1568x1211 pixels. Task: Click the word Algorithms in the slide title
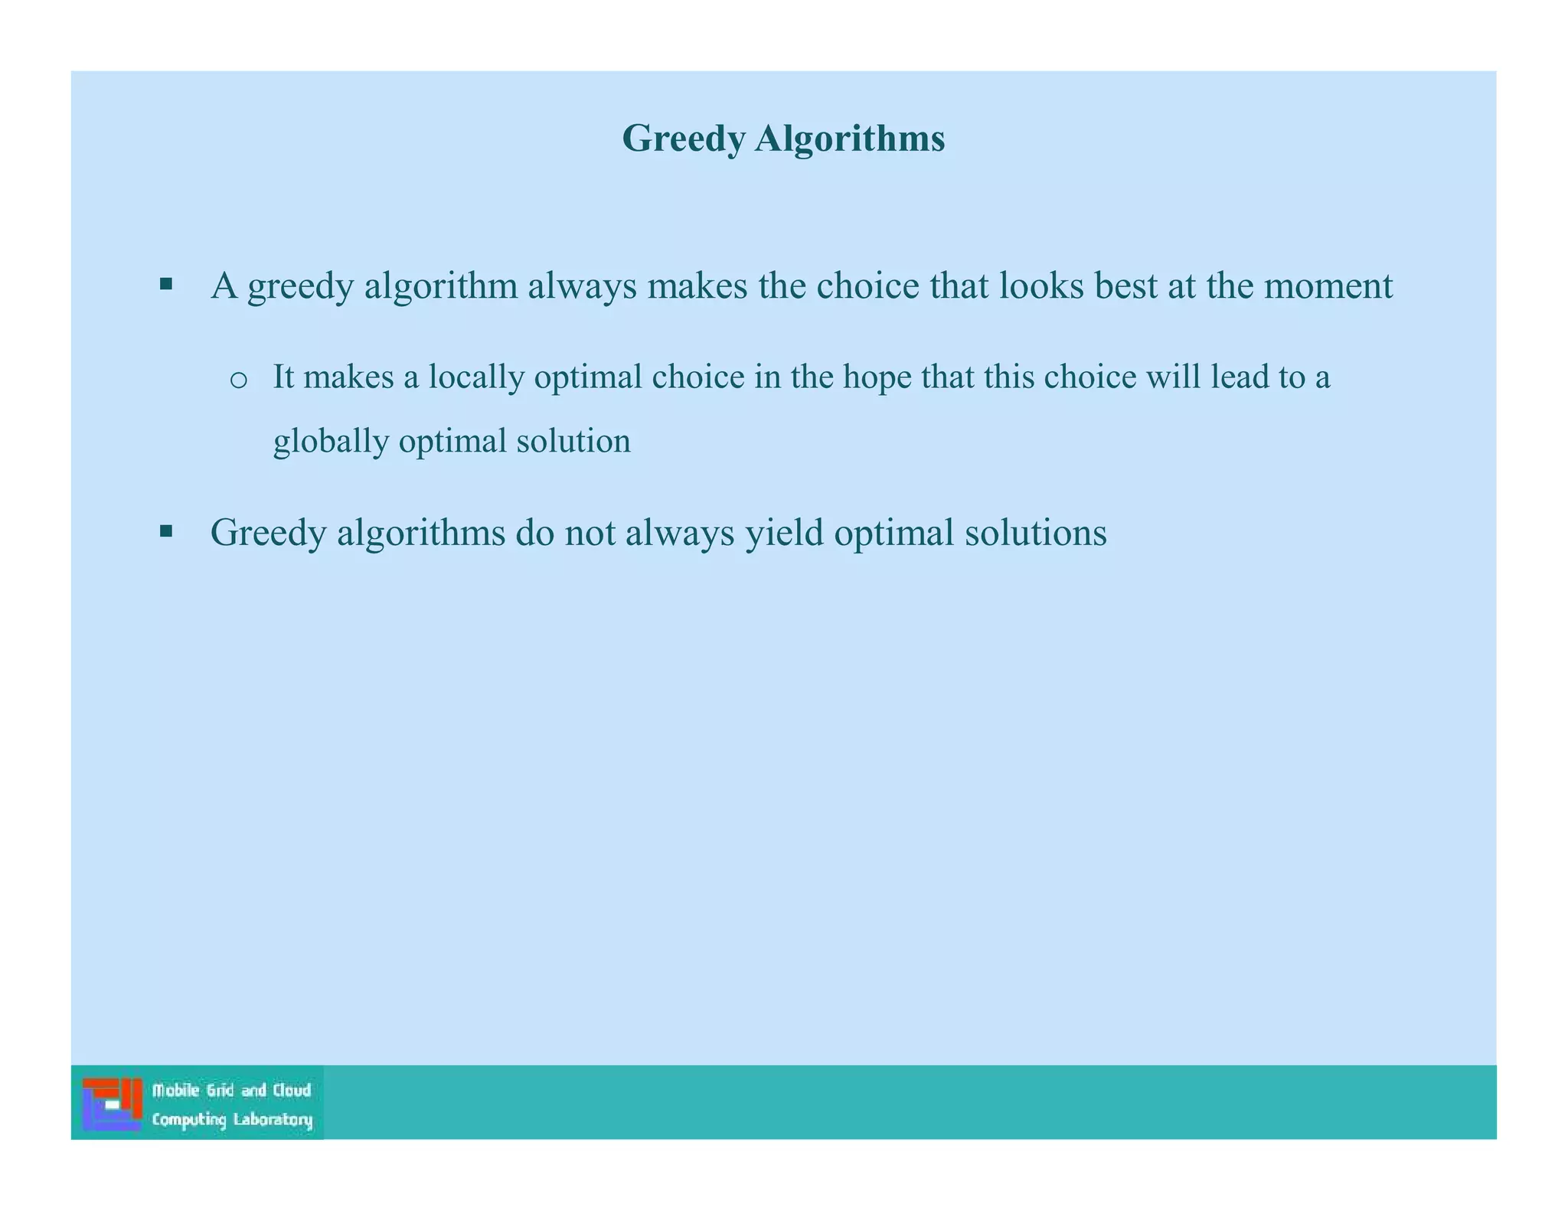pos(849,139)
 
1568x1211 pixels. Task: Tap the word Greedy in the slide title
pos(683,140)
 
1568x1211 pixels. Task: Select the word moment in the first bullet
pos(1328,286)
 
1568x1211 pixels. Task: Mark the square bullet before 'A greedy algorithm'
pos(166,285)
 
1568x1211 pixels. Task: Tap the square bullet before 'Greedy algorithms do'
pos(166,531)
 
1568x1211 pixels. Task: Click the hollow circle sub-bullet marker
pos(238,380)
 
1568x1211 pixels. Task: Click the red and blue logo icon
pos(113,1104)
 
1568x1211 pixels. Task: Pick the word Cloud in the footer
pos(292,1090)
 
